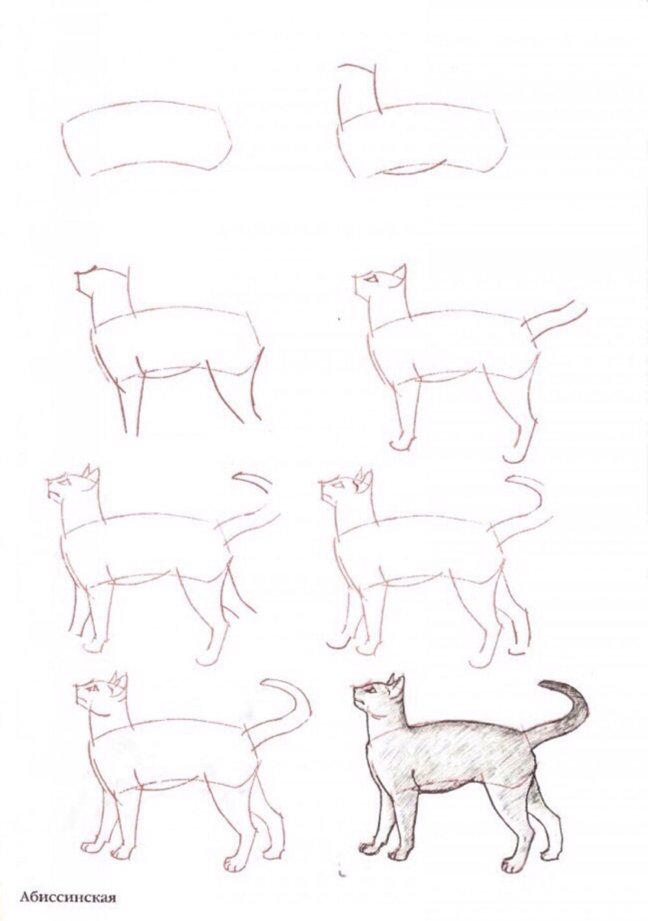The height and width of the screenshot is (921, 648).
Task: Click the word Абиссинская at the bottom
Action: pyautogui.click(x=67, y=898)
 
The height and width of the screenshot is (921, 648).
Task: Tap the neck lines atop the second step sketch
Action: pyautogui.click(x=358, y=87)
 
